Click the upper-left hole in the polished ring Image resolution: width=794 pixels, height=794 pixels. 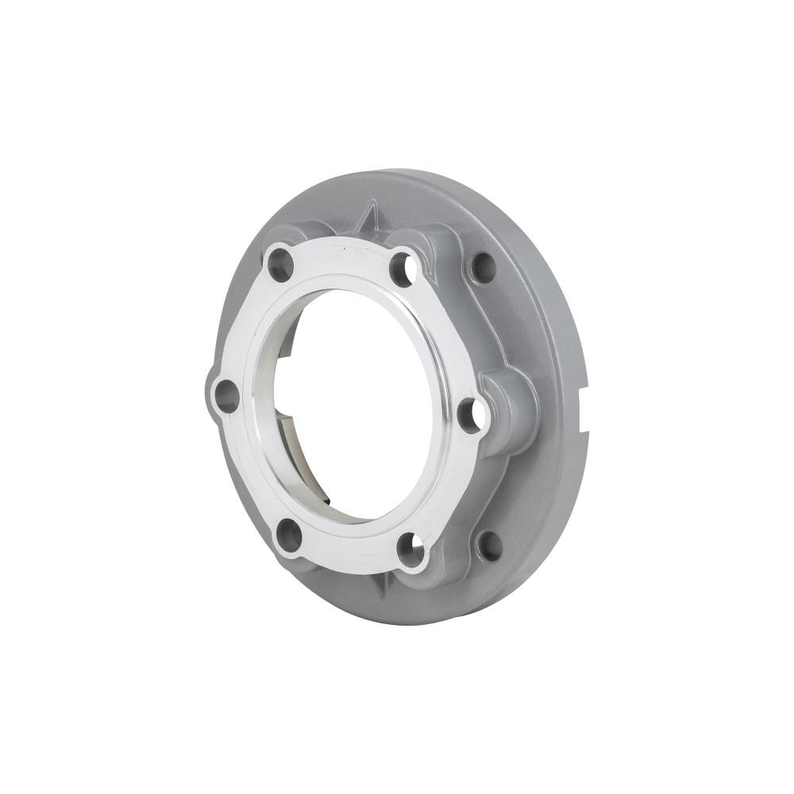pyautogui.click(x=279, y=264)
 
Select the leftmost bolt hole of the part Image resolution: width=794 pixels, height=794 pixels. pyautogui.click(x=226, y=395)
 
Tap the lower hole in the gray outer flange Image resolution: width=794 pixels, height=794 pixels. pyautogui.click(x=489, y=544)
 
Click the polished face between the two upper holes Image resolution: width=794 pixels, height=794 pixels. pyautogui.click(x=341, y=252)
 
